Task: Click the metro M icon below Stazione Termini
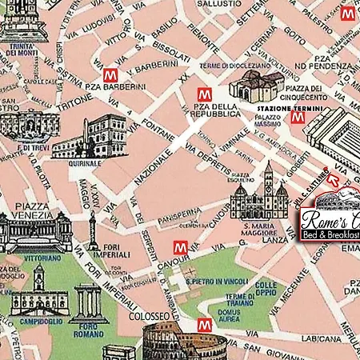298,118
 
